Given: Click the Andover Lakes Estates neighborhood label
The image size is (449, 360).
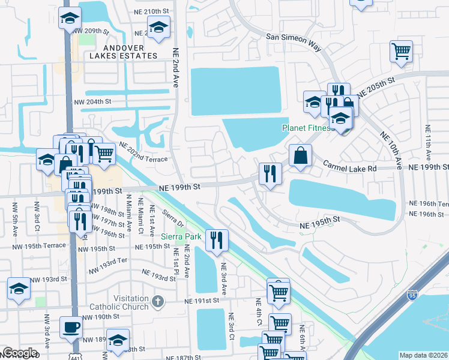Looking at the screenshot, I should coord(122,52).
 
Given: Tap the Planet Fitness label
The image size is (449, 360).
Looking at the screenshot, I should coord(307,128).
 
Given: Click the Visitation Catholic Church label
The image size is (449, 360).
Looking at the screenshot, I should coord(119,302).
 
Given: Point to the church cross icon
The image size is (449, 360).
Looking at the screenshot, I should coord(157,302).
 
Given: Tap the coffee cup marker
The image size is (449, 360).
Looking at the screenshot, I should coord(72,327).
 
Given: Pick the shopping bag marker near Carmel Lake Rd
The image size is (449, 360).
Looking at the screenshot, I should coord(301,155).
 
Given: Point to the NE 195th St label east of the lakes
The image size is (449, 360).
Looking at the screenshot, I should coord(320,223).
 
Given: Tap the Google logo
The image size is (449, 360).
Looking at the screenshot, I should coord(19,353).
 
